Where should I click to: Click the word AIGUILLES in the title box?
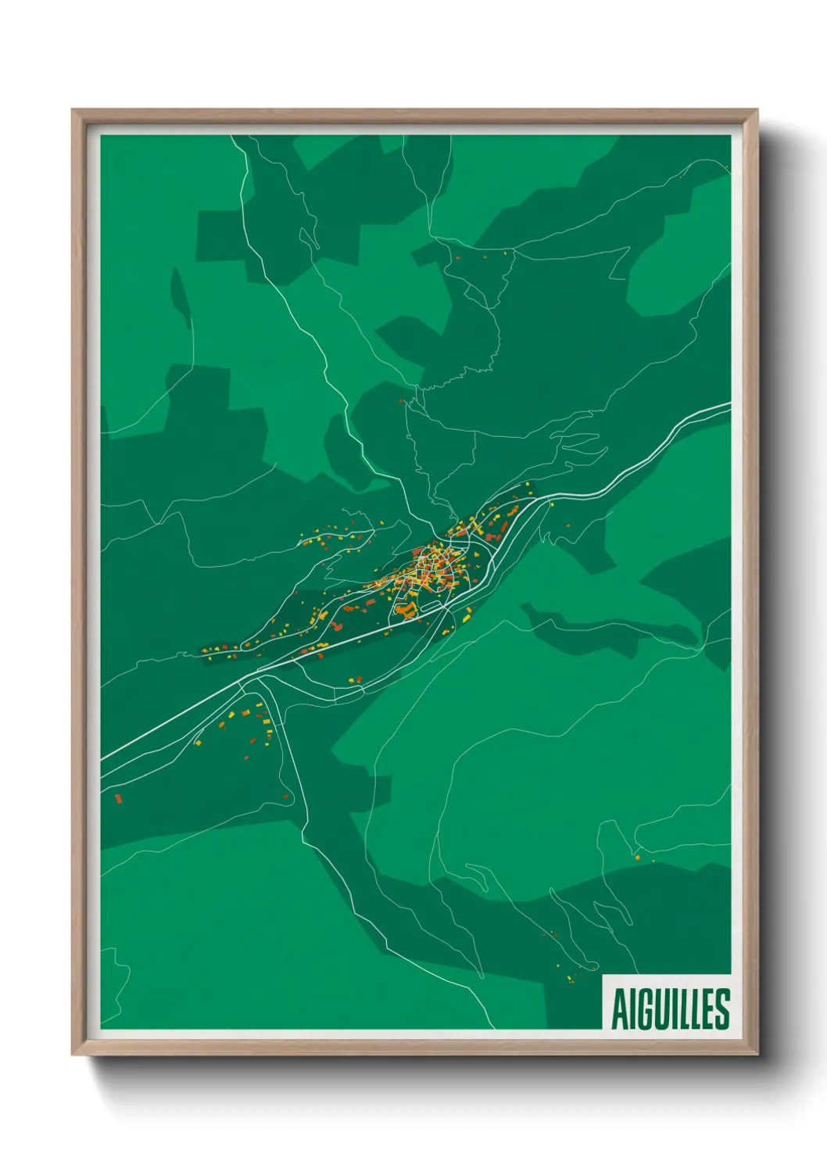click(x=670, y=1009)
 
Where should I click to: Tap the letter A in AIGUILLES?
click(x=618, y=1010)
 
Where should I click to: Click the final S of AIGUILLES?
click(x=723, y=1009)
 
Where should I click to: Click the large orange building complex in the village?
click(x=404, y=608)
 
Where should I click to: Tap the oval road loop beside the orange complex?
click(x=431, y=604)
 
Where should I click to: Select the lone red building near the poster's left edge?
click(x=118, y=798)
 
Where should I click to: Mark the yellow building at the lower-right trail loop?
click(x=637, y=858)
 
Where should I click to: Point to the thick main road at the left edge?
click(x=106, y=757)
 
